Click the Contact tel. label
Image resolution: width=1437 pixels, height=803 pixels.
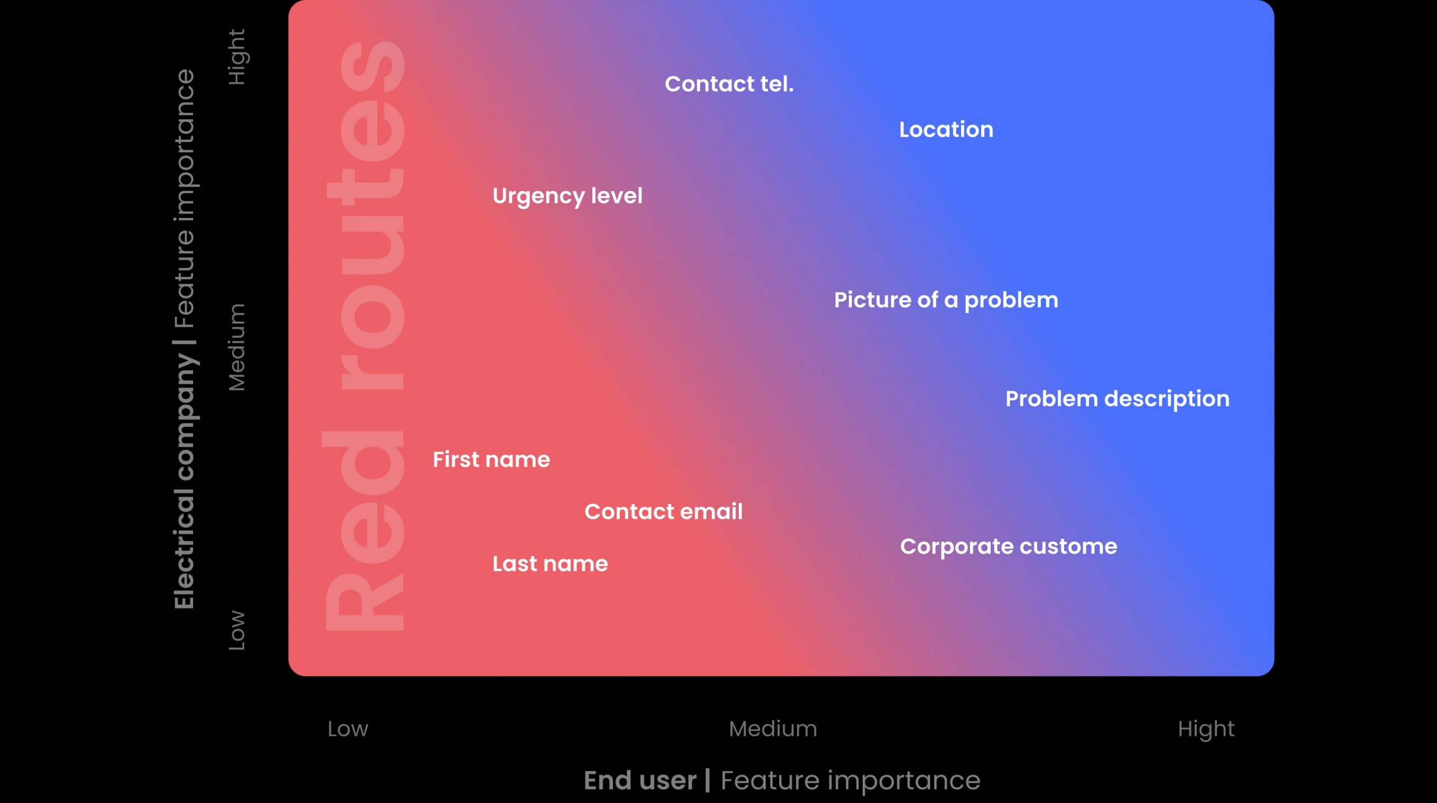729,84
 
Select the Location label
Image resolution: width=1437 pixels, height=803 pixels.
946,130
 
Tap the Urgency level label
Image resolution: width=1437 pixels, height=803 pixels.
568,197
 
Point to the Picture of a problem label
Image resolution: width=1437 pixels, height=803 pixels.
946,300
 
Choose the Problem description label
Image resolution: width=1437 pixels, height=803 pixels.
1118,399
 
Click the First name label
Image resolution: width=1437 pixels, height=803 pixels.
491,459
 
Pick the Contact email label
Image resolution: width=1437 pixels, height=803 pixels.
663,512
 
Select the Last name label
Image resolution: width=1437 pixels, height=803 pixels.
550,564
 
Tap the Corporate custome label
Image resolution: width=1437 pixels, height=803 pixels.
1009,547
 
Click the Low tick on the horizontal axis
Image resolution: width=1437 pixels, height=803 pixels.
348,729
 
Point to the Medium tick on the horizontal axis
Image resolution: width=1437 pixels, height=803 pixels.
773,729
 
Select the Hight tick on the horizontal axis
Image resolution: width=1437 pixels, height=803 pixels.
1206,729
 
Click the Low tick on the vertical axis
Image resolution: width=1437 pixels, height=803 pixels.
237,630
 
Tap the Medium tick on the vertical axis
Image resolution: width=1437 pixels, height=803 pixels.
237,347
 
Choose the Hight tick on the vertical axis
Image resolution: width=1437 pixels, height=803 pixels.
237,57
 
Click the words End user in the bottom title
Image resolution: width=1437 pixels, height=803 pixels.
640,781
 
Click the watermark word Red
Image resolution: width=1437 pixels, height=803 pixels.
364,531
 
